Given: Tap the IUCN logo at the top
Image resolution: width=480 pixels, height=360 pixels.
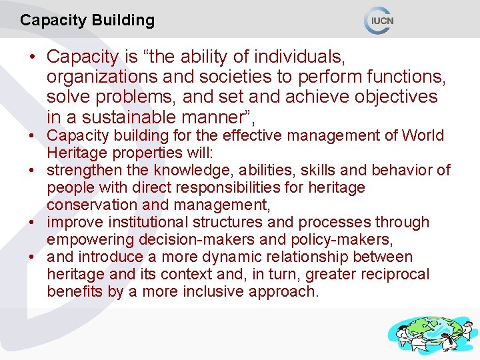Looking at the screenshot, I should click(x=379, y=21).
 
